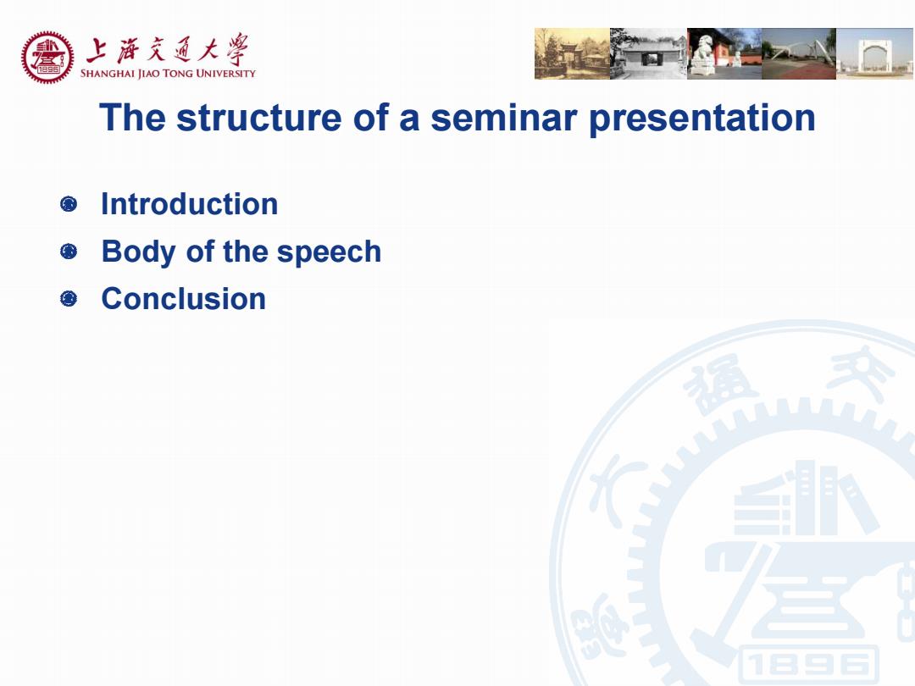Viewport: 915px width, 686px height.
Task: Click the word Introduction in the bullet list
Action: coord(189,204)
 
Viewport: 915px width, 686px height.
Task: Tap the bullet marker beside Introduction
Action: coord(69,204)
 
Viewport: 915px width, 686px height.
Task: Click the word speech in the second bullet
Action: coord(329,252)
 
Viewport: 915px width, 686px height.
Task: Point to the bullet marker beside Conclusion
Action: coord(69,299)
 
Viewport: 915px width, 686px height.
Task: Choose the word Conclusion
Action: coord(183,299)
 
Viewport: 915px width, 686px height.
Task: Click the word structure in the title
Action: coord(259,117)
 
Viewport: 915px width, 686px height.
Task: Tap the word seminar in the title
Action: coord(503,117)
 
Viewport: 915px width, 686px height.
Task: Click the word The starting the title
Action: coord(132,117)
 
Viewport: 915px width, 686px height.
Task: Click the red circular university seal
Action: coord(47,58)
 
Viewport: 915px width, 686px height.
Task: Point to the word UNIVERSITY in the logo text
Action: coord(226,74)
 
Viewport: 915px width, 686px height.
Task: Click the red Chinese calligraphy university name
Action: coord(168,49)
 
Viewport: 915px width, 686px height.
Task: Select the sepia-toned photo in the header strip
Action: coord(573,53)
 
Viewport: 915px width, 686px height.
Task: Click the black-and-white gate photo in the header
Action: coord(649,53)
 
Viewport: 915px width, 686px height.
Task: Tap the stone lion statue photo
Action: coord(724,53)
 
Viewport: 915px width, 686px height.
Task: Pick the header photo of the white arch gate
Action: coord(875,53)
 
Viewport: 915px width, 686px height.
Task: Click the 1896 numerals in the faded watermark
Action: coord(809,665)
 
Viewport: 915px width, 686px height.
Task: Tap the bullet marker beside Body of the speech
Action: coord(69,252)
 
